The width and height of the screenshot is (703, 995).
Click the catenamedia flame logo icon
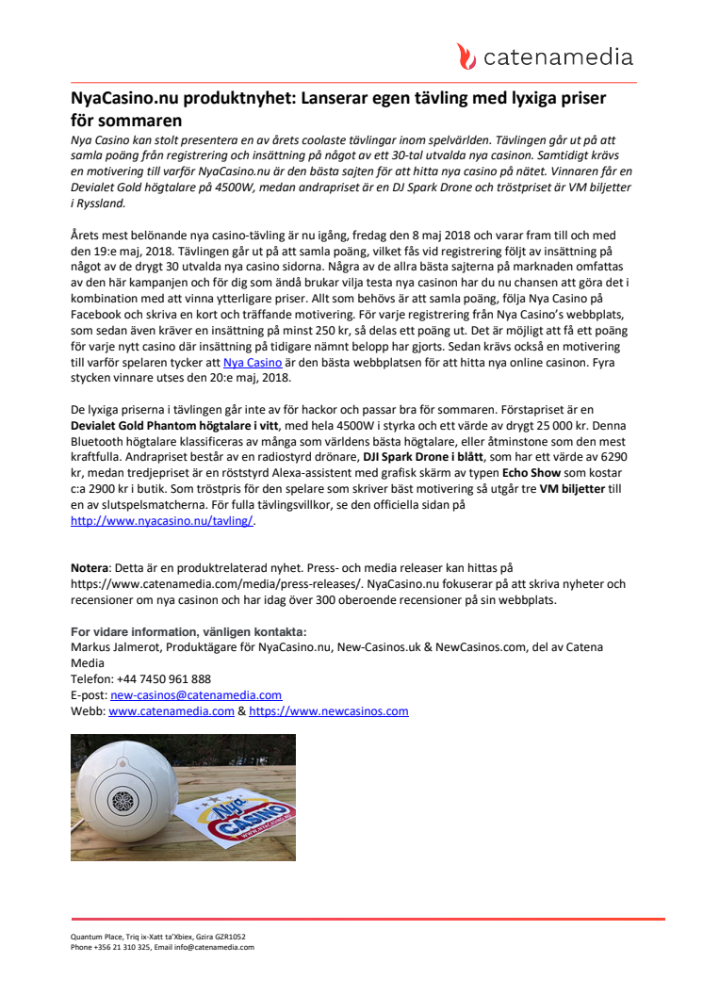tap(466, 57)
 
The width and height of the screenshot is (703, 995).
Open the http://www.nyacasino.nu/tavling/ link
tap(162, 520)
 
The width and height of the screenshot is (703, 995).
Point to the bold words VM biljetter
tap(572, 488)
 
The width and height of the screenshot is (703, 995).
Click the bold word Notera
tap(90, 567)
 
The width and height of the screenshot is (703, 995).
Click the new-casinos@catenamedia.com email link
tap(195, 694)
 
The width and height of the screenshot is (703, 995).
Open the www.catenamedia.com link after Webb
tap(171, 711)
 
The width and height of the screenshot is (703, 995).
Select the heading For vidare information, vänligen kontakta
tap(188, 630)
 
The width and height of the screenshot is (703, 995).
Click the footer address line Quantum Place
tap(157, 938)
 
